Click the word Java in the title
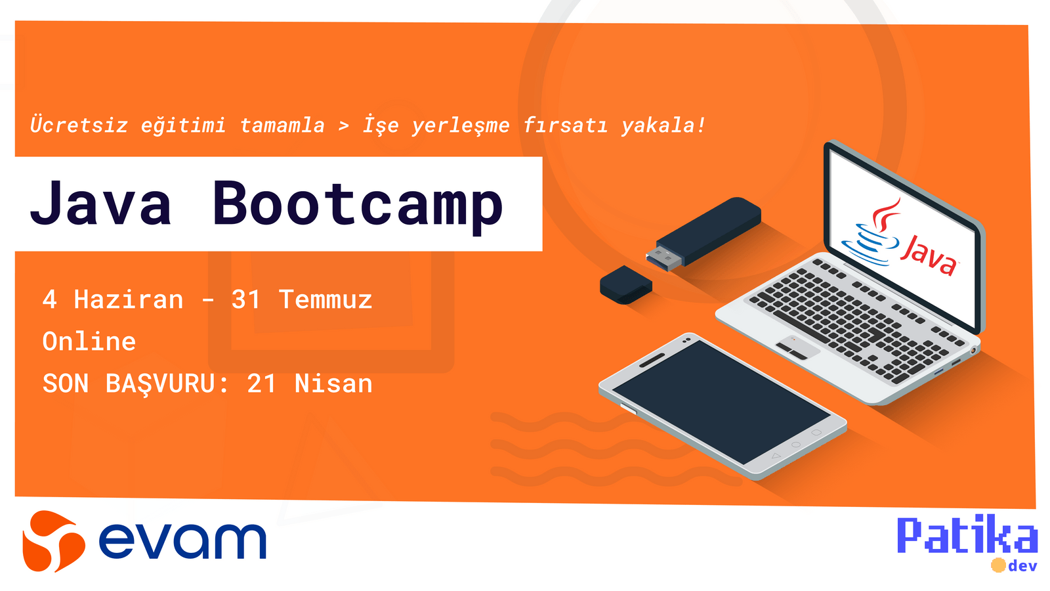101,204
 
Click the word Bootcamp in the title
358,205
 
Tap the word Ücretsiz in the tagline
79,125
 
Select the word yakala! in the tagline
663,125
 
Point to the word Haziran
129,300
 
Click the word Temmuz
325,300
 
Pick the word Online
89,342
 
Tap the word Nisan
333,384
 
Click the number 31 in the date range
246,300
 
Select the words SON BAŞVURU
129,384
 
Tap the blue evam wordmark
182,540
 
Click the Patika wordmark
967,535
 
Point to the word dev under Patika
1022,566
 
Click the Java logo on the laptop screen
902,240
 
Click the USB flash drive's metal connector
663,257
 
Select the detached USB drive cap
625,284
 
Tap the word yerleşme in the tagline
461,125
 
